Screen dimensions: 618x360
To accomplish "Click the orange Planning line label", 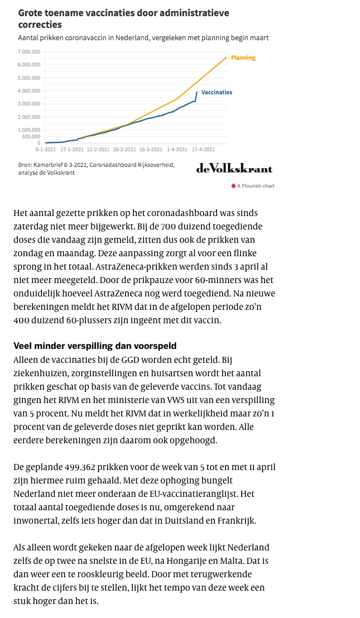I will point(243,58).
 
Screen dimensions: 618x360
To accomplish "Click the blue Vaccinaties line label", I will point(217,92).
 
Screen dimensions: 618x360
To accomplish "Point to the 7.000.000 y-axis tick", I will point(28,51).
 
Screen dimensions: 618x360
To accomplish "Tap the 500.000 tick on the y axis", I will point(30,136).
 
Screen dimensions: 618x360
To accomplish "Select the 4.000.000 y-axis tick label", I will point(28,90).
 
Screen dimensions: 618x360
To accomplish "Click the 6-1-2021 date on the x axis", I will point(45,150).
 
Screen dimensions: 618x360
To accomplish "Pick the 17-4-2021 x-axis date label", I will point(203,150).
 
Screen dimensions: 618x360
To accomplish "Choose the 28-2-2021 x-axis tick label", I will point(124,150).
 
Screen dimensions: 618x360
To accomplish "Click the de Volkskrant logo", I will point(234,168).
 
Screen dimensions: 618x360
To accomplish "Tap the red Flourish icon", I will point(233,186).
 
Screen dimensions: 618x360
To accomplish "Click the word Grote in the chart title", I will point(30,13).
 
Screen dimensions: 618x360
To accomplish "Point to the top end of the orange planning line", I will point(227,57).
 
